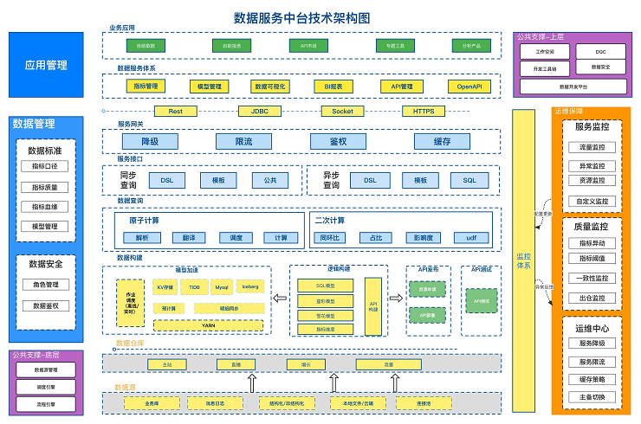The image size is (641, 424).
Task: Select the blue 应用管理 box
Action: (46, 66)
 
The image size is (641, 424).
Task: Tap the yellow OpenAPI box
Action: (469, 87)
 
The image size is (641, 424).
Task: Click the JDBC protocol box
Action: (260, 111)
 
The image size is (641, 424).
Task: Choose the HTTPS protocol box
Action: (424, 111)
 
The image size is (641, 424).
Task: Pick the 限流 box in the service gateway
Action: (243, 142)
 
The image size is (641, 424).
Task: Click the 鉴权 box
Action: (338, 142)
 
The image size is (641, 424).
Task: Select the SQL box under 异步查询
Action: (469, 180)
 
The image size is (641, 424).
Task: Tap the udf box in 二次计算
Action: (471, 237)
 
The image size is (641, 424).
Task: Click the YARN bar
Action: (208, 325)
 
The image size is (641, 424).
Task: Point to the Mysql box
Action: (222, 286)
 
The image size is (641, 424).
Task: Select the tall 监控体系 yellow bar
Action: (523, 260)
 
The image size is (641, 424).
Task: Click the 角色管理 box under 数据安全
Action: (45, 285)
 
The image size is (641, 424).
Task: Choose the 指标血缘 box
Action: (45, 207)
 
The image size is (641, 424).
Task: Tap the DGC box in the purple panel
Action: (600, 51)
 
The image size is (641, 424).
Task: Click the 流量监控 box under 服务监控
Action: (592, 147)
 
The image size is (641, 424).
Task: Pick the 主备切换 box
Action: (592, 397)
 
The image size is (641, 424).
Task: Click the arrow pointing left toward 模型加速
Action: (280, 299)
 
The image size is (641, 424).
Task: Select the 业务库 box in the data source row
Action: (152, 403)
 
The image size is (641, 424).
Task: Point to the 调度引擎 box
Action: (45, 387)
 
